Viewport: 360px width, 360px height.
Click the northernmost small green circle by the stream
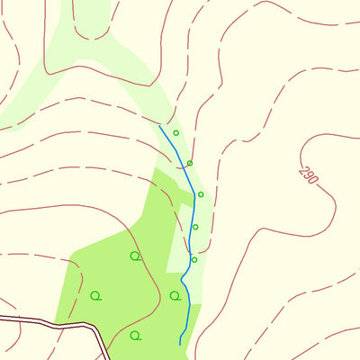coord(176,133)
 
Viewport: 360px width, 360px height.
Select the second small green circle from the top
coord(190,163)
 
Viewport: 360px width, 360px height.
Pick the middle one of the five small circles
coord(201,194)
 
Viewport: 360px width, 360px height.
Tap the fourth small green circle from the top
coord(195,227)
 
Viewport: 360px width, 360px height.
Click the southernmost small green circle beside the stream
coord(194,259)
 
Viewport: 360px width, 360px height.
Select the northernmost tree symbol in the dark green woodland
coord(135,256)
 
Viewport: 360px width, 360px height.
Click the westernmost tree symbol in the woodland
coord(95,295)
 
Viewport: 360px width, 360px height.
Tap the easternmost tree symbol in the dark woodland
coord(175,295)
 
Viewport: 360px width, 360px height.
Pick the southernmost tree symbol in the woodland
coord(135,336)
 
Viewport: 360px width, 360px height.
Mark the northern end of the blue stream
coord(159,126)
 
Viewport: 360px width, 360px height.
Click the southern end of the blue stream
coord(181,344)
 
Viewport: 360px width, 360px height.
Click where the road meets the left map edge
coord(1,317)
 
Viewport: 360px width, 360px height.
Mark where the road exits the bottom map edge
coord(107,358)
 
